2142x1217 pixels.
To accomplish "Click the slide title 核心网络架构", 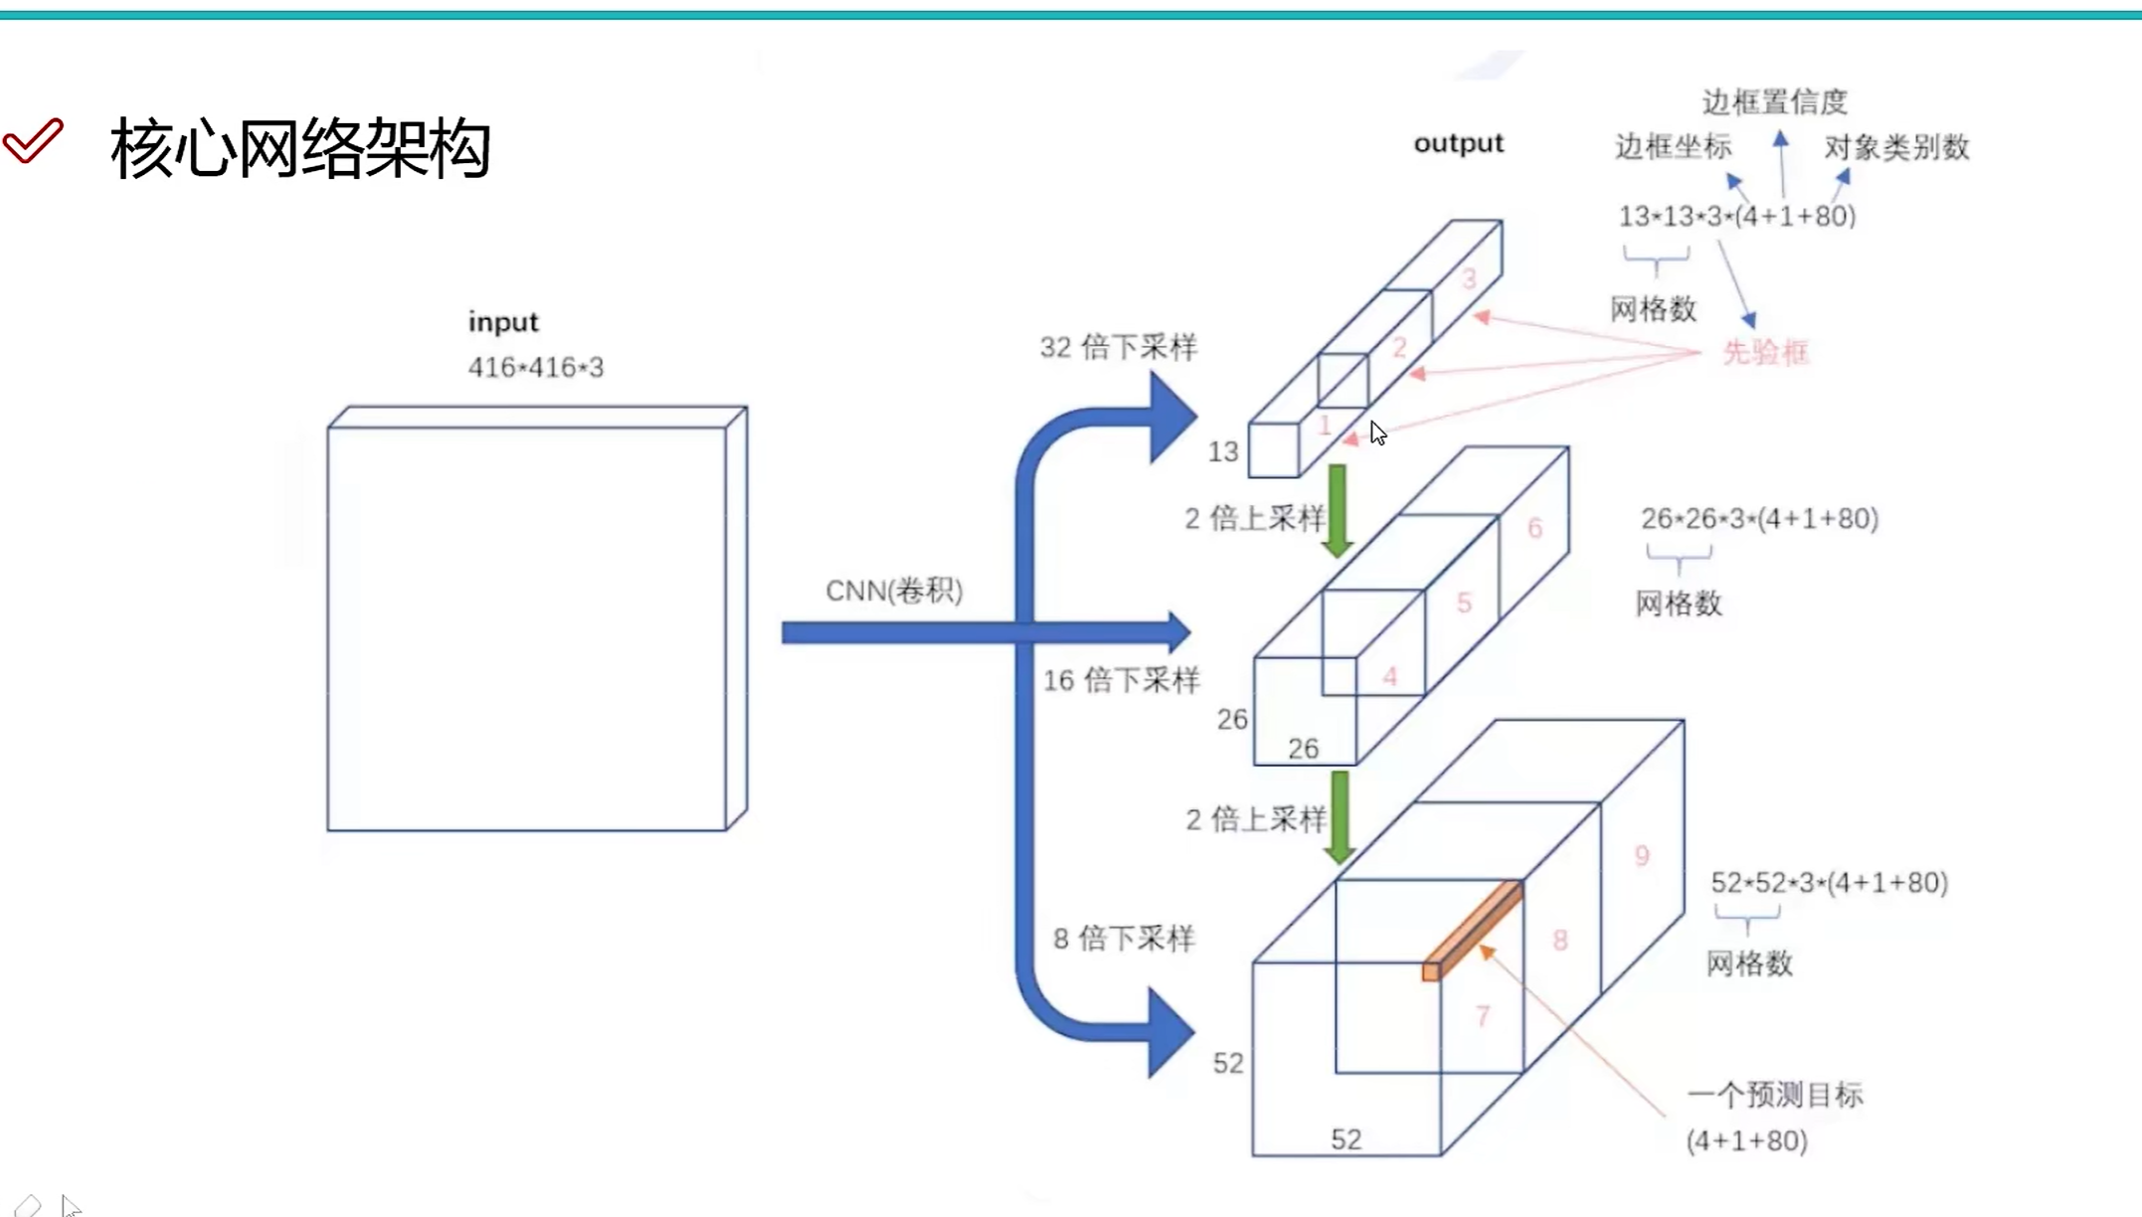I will point(300,149).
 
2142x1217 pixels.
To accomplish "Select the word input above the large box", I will point(503,322).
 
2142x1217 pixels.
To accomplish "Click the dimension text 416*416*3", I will point(536,367).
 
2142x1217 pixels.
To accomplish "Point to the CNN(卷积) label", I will point(894,591).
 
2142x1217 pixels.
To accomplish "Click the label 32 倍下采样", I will point(1119,347).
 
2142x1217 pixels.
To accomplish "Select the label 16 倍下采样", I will point(1122,680).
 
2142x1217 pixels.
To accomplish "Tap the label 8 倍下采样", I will point(1124,938).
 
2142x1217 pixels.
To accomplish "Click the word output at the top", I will point(1459,143).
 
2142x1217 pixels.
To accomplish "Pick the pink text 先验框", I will point(1765,352).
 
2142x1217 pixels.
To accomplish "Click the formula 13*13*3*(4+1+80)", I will point(1736,216).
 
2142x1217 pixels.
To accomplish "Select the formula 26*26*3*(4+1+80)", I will point(1759,518).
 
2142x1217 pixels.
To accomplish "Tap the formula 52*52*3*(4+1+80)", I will point(1829,882).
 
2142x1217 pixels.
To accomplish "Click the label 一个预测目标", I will point(1775,1095).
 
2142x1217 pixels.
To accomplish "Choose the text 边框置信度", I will point(1775,101).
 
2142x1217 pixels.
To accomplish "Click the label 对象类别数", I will point(1896,148).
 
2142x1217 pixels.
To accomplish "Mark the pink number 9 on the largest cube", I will point(1642,855).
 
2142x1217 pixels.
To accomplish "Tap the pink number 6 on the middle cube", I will point(1535,527).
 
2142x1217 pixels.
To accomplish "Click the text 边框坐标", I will point(1673,147).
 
